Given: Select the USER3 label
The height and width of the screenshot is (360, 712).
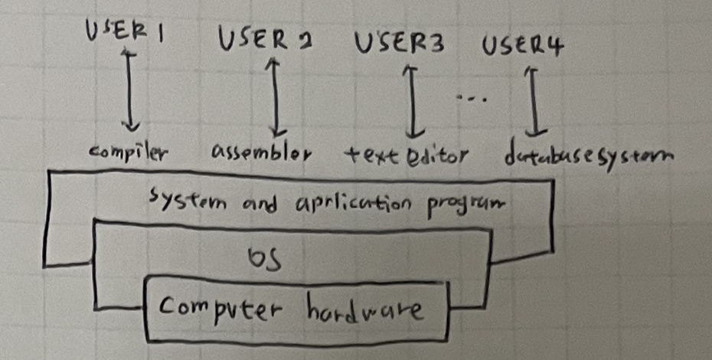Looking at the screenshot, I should pos(400,44).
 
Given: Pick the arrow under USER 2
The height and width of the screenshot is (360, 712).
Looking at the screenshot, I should pos(274,97).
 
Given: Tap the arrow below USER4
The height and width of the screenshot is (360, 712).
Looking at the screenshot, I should pos(531,100).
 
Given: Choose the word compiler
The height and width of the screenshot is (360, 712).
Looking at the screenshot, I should pos(129,152).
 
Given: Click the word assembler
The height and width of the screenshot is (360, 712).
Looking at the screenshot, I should pos(261,154).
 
